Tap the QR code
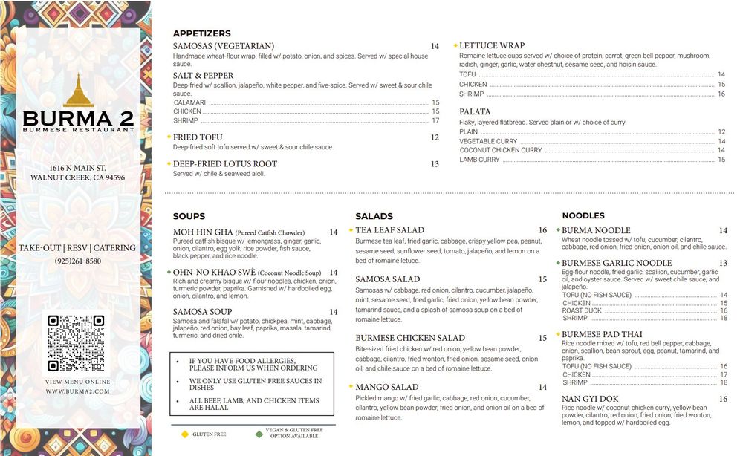(76, 343)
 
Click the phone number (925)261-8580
(77, 261)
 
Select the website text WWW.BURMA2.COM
(77, 391)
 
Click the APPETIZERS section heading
(201, 33)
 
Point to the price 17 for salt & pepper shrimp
(435, 120)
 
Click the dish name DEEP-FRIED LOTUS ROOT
(225, 164)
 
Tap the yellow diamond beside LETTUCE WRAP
(455, 45)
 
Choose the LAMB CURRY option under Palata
(479, 160)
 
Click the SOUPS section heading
(189, 216)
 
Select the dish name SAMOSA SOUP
(202, 312)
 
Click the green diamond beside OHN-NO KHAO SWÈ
(169, 272)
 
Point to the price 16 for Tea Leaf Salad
(542, 230)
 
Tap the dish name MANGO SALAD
(386, 387)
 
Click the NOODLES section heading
(583, 215)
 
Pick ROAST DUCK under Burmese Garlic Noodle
(582, 311)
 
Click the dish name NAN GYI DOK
(590, 399)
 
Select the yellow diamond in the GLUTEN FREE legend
(184, 433)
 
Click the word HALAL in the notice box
(211, 408)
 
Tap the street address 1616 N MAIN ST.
(77, 168)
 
